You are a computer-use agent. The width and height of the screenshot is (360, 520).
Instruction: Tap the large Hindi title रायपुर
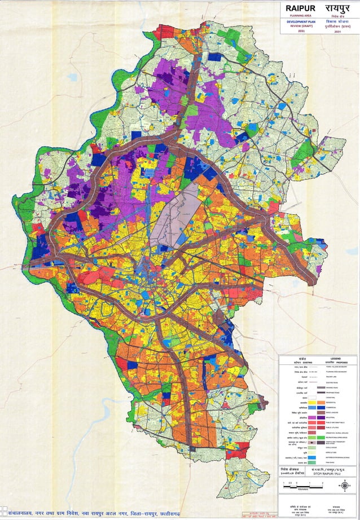(x=337, y=8)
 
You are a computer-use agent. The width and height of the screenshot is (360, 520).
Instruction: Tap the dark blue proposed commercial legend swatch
(x=322, y=408)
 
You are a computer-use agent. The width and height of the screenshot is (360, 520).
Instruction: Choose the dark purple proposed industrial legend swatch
(x=322, y=418)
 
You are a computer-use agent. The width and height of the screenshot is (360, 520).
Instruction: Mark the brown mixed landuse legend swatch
(x=322, y=413)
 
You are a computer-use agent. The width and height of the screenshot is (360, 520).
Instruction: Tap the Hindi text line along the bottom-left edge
(x=96, y=513)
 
